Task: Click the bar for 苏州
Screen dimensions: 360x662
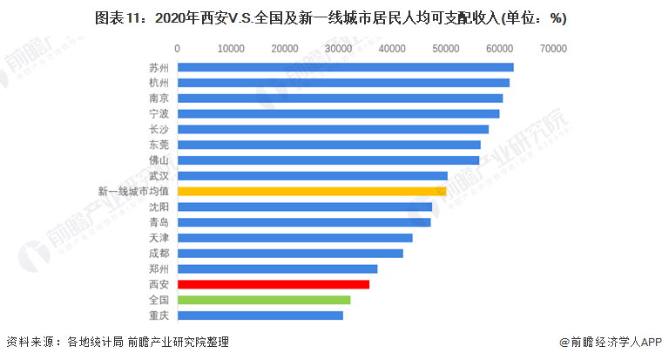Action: click(345, 67)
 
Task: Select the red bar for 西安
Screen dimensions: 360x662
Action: click(273, 284)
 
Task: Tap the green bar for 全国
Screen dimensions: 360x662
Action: click(263, 300)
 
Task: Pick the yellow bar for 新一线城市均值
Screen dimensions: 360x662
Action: click(311, 191)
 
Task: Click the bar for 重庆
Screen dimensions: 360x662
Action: click(260, 316)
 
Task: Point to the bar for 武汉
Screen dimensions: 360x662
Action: click(312, 175)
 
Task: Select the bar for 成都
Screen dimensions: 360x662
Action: click(289, 253)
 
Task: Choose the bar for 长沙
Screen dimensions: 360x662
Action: click(332, 129)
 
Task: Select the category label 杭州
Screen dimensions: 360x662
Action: click(159, 83)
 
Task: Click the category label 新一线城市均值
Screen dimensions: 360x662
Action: click(133, 191)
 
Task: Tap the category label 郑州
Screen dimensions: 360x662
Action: click(159, 268)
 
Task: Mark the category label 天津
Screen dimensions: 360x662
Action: click(159, 238)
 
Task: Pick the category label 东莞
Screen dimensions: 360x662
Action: click(159, 145)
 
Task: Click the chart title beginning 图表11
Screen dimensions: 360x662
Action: click(330, 17)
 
